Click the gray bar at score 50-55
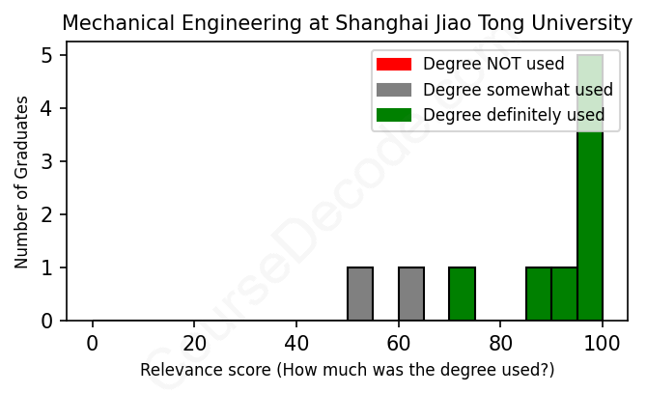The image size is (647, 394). [x=360, y=294]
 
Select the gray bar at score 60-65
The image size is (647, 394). [x=411, y=294]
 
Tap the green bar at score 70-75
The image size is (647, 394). [x=463, y=294]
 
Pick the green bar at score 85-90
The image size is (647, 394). [x=539, y=294]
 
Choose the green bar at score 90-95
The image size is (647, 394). [x=564, y=294]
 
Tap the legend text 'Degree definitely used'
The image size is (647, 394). [x=514, y=116]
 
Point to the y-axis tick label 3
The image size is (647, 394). [x=46, y=161]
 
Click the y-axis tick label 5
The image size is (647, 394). [x=46, y=56]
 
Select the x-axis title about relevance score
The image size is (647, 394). [x=347, y=370]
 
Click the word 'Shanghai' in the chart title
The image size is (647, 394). [x=370, y=22]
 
